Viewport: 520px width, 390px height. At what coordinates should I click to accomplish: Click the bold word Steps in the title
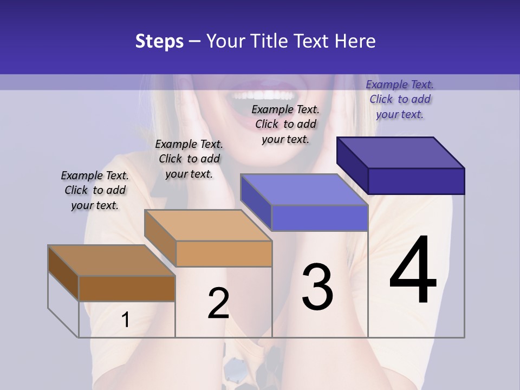[x=159, y=41]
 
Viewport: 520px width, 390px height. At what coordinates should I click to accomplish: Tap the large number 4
[x=413, y=271]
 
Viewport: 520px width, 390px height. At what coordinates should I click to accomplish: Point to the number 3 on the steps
[x=317, y=287]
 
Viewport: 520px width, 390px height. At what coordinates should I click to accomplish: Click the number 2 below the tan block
[x=218, y=303]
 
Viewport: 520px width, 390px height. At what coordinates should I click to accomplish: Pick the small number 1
[x=125, y=320]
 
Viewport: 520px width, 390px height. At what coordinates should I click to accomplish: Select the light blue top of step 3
[x=303, y=190]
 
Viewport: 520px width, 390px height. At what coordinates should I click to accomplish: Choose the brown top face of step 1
[x=111, y=261]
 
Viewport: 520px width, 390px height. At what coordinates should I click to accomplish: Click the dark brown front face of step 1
[x=127, y=288]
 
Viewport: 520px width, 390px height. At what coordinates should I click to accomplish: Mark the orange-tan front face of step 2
[x=224, y=253]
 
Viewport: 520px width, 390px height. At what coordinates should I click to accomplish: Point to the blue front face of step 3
[x=320, y=218]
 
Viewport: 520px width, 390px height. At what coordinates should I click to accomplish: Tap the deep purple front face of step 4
[x=416, y=181]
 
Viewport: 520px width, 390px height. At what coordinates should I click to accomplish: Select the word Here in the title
[x=355, y=41]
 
